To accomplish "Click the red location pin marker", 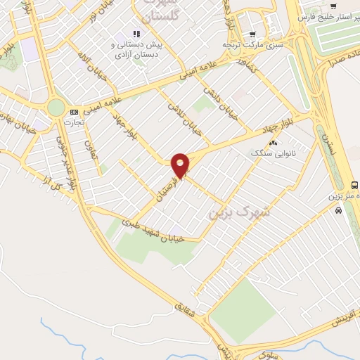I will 181,165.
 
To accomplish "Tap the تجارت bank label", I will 73,122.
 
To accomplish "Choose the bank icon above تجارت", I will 74,112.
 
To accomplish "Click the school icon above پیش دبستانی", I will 136,33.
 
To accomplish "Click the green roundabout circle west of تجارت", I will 56,107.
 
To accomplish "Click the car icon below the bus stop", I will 339,210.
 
